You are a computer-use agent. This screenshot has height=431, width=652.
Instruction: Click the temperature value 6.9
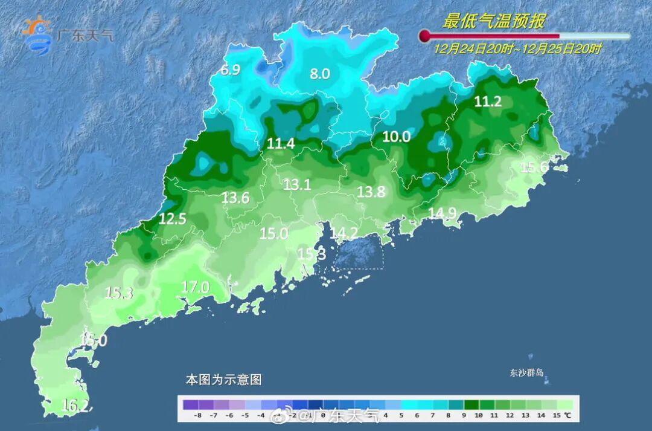[x=230, y=70]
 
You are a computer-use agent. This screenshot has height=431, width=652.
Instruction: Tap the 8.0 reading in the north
[x=320, y=74]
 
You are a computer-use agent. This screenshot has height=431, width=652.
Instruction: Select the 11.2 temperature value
[x=488, y=102]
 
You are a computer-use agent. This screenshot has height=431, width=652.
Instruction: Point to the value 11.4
[x=281, y=144]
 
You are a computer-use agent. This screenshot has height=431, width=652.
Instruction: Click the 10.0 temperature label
[x=397, y=137]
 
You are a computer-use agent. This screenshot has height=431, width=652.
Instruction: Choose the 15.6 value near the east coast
[x=534, y=167]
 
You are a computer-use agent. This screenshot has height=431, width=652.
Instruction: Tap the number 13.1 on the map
[x=297, y=185]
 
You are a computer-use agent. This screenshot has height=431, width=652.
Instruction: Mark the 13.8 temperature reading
[x=371, y=192]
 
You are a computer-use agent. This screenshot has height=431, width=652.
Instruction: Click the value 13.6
[x=235, y=197]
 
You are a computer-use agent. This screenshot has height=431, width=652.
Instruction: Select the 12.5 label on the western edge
[x=172, y=219]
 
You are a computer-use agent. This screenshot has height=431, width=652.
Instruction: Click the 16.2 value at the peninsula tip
[x=75, y=406]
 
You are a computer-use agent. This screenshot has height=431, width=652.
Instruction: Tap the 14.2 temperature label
[x=344, y=233]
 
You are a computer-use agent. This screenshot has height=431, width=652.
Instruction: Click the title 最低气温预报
[x=494, y=22]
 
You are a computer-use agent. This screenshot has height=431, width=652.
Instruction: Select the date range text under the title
[x=517, y=50]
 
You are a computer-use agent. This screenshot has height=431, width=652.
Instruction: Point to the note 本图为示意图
[x=223, y=380]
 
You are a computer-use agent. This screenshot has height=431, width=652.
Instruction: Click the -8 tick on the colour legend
[x=197, y=416]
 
